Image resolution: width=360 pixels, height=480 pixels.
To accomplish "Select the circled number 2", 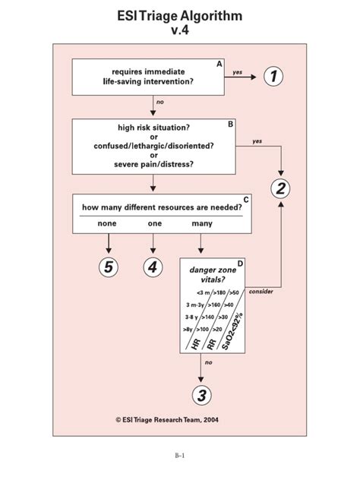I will [x=282, y=188].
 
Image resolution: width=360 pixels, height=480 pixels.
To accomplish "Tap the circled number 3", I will [x=201, y=395].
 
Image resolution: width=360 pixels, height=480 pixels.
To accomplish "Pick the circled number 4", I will [x=153, y=267].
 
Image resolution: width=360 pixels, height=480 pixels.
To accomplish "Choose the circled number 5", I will [x=109, y=267].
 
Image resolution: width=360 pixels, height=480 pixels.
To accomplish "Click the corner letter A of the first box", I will [x=219, y=65].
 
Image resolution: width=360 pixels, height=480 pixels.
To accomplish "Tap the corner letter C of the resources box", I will [x=245, y=199].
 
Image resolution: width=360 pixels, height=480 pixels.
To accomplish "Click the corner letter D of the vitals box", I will [x=240, y=263].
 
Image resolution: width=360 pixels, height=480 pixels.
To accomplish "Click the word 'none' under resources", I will [x=107, y=224].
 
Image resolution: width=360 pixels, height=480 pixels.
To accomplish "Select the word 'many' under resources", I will [x=202, y=224].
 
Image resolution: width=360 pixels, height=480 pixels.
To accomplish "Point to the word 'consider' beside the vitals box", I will [x=261, y=292].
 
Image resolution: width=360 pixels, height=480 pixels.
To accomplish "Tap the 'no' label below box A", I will [x=159, y=101].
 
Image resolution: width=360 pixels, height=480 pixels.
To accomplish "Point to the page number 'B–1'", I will [x=180, y=455].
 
